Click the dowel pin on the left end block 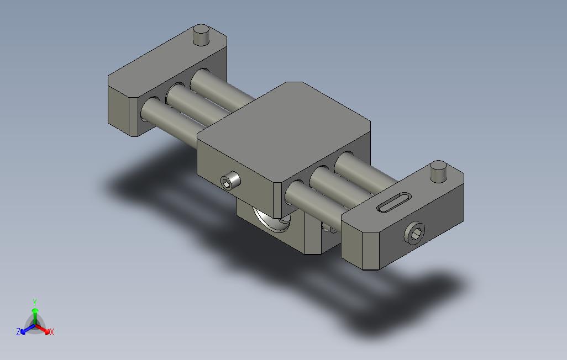pyautogui.click(x=201, y=35)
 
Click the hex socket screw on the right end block pyautogui.click(x=414, y=233)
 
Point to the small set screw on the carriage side pyautogui.click(x=230, y=181)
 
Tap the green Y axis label pyautogui.click(x=35, y=302)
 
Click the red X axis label pyautogui.click(x=52, y=331)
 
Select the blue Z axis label pyautogui.click(x=18, y=331)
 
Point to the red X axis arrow pyautogui.click(x=43, y=329)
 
